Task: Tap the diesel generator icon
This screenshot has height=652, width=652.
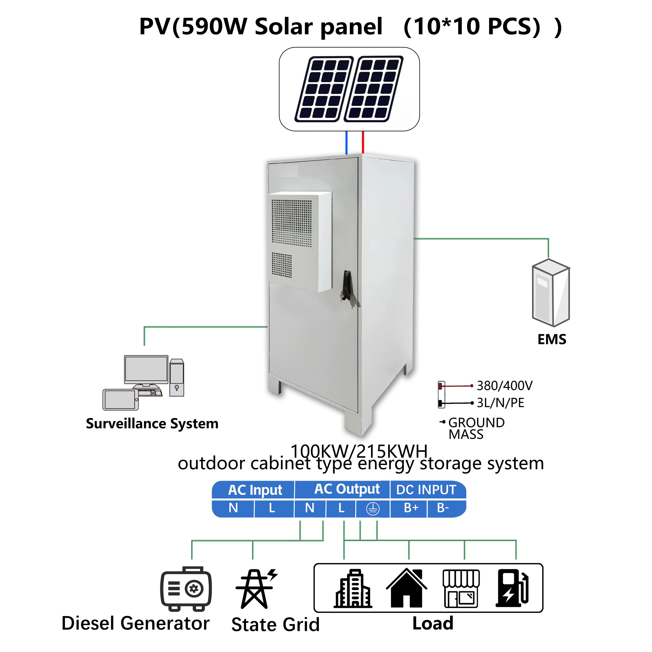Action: [x=186, y=589]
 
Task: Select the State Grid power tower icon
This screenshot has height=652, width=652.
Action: [x=255, y=589]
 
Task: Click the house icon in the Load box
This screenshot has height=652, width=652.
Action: [x=407, y=589]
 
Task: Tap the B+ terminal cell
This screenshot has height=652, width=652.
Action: [x=411, y=508]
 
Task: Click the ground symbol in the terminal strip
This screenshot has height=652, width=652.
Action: [x=373, y=509]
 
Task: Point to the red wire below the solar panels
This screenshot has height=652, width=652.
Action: [x=363, y=142]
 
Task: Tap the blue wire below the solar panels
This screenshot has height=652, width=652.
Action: [x=347, y=142]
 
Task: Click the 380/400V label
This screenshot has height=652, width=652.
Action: [x=504, y=385]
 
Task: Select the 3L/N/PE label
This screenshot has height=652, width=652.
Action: [x=500, y=403]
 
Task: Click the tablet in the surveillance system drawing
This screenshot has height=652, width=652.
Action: [x=120, y=400]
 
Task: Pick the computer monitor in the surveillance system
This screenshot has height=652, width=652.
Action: [x=146, y=370]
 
